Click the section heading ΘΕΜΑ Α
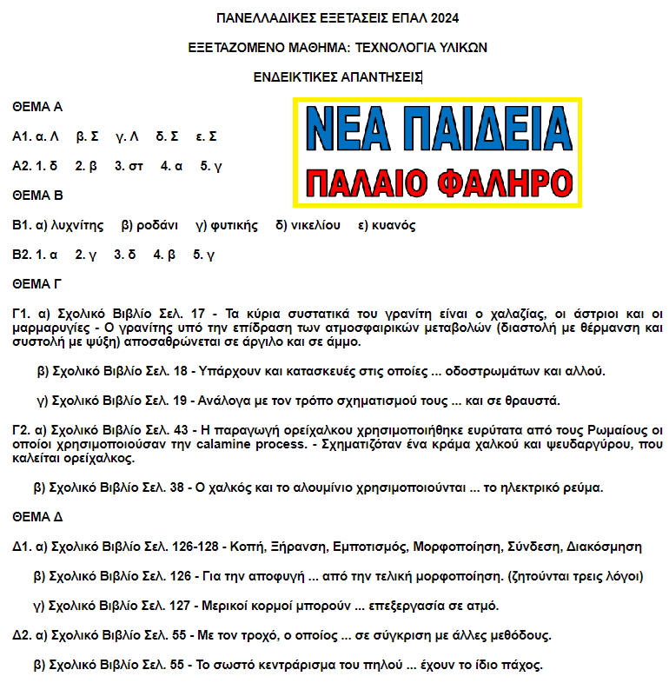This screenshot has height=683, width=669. (37, 108)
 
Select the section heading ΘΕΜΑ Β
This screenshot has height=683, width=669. (37, 196)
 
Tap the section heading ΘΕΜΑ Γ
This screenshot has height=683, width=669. (36, 283)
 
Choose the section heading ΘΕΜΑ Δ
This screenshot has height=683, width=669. (37, 517)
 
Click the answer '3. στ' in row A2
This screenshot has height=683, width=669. (129, 166)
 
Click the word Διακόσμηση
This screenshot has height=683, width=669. (604, 547)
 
